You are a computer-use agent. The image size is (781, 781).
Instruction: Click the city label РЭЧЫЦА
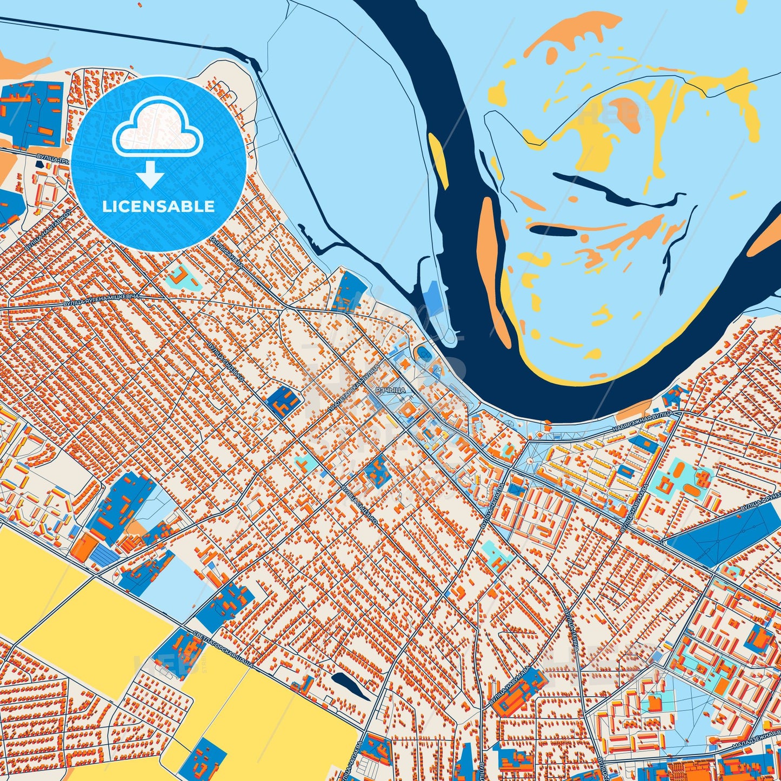pyautogui.click(x=390, y=389)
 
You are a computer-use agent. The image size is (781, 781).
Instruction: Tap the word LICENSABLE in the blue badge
pyautogui.click(x=158, y=206)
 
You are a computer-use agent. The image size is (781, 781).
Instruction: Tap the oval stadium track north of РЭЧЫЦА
pyautogui.click(x=422, y=355)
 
